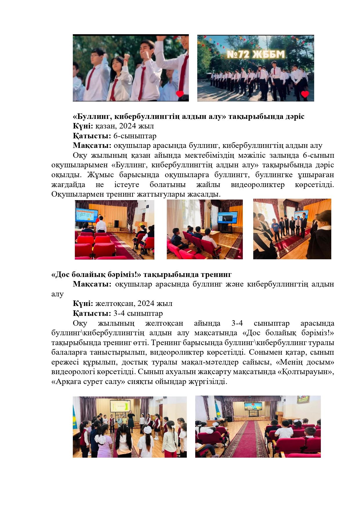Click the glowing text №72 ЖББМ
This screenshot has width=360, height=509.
[256, 54]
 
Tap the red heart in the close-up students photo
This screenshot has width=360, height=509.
[180, 94]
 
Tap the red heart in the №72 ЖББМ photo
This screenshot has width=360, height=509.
[305, 94]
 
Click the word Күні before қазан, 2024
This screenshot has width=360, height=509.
[82, 126]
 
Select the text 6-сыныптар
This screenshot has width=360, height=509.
[135, 136]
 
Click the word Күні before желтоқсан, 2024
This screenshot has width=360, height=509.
[82, 303]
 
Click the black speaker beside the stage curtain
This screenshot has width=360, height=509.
[117, 223]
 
